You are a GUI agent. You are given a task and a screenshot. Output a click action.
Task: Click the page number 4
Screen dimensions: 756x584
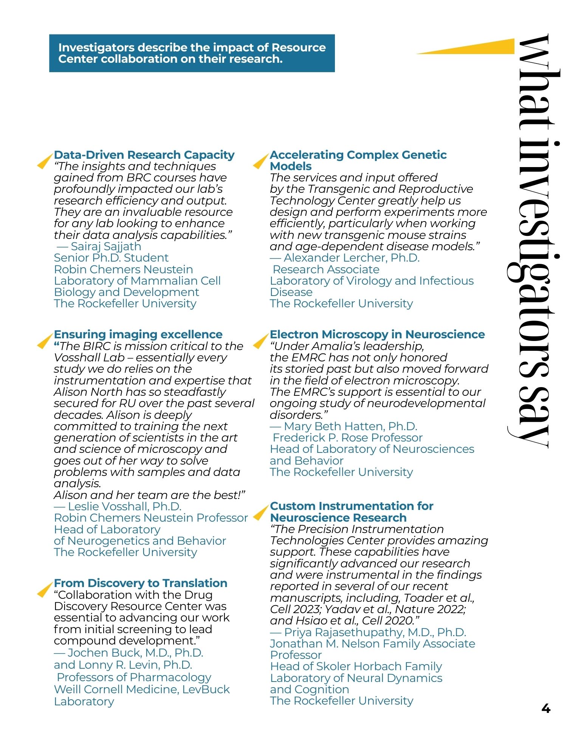[545, 708]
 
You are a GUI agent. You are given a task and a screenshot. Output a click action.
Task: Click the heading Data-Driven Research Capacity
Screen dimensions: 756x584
[144, 155]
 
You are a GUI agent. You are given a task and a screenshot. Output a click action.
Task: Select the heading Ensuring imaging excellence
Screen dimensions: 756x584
[138, 335]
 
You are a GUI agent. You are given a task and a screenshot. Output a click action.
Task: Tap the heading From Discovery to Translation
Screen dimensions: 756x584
[140, 583]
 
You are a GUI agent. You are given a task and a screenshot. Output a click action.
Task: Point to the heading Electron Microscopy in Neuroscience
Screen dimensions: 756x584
[377, 335]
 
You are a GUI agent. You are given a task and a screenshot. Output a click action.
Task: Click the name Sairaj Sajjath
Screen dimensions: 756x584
[106, 246]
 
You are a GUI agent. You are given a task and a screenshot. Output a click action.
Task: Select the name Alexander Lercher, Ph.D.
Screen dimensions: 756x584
[351, 258]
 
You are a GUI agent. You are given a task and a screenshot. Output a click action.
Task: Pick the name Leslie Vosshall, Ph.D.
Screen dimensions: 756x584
[124, 507]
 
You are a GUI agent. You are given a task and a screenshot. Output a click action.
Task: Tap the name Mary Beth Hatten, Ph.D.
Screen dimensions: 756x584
[350, 426]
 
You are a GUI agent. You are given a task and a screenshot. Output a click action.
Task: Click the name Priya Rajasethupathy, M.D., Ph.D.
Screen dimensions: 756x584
[375, 632]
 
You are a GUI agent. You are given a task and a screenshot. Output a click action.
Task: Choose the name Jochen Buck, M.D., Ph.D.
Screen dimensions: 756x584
[135, 653]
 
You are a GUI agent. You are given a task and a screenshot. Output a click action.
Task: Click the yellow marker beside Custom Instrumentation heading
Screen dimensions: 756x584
[260, 513]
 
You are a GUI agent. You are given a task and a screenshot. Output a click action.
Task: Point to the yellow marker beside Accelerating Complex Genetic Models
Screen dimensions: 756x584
[260, 161]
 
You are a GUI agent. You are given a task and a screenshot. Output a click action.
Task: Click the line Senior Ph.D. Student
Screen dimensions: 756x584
[111, 258]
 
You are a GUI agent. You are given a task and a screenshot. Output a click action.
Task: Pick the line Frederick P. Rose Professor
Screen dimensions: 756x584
[347, 438]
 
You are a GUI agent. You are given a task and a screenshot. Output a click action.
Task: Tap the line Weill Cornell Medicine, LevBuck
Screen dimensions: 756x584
[142, 689]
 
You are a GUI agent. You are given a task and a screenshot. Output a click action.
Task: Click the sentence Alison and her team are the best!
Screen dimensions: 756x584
[149, 495]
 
